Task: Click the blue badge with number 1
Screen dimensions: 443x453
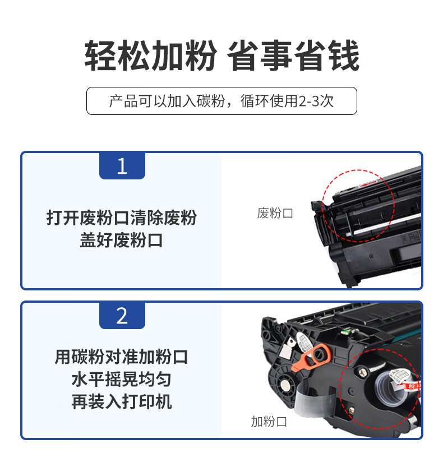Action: pyautogui.click(x=122, y=166)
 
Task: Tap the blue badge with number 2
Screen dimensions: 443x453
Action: pyautogui.click(x=122, y=316)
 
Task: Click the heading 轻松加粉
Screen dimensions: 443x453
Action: pyautogui.click(x=150, y=56)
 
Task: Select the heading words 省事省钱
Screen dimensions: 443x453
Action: pyautogui.click(x=293, y=56)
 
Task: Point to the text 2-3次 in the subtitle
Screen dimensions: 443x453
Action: pyautogui.click(x=316, y=101)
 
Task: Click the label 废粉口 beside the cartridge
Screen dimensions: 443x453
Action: pyautogui.click(x=275, y=214)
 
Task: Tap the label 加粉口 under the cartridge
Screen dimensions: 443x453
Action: pyautogui.click(x=269, y=422)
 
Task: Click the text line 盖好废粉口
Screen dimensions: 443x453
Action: pyautogui.click(x=121, y=240)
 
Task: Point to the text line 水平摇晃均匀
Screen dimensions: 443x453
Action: pyautogui.click(x=121, y=379)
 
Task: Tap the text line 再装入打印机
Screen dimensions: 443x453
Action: pyautogui.click(x=121, y=401)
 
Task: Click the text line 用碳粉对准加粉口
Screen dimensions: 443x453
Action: pyautogui.click(x=121, y=357)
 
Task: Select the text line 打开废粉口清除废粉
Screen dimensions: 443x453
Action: pyautogui.click(x=121, y=218)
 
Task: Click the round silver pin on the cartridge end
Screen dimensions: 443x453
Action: pyautogui.click(x=286, y=385)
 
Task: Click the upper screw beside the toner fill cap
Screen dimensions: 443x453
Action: pyautogui.click(x=363, y=372)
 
